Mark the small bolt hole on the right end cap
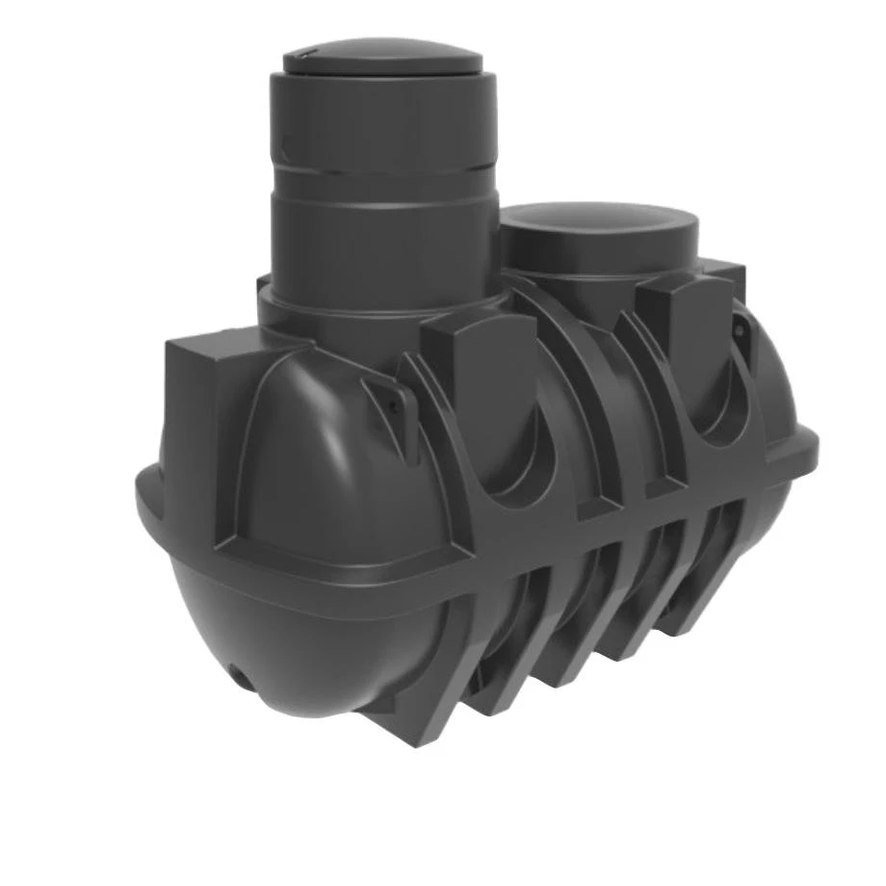pos(740,330)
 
